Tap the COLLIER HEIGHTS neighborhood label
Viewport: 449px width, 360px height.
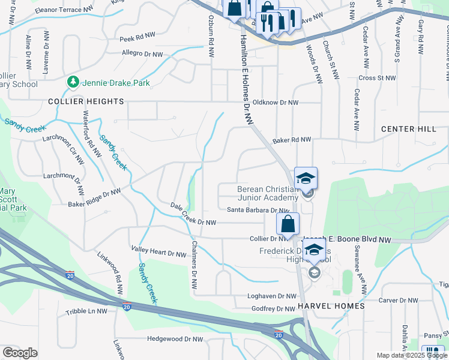[x=86, y=102]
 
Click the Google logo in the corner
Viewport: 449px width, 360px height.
[x=20, y=353]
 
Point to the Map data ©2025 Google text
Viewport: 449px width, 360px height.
[x=412, y=355]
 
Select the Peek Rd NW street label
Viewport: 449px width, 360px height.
[x=137, y=38]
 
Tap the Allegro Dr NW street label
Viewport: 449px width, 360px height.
[x=142, y=54]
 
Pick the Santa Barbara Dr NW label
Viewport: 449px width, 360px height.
[x=258, y=210]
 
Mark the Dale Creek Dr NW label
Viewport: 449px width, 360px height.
[x=193, y=222]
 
